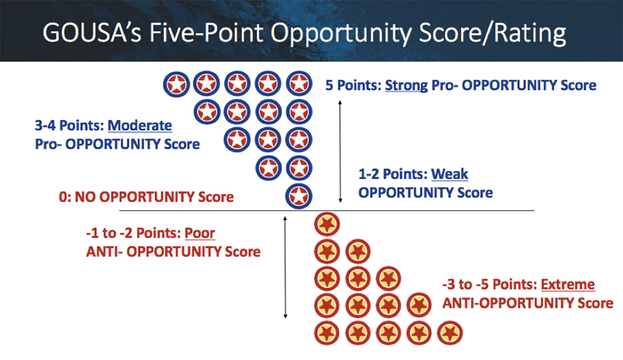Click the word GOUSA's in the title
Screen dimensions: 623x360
[92, 33]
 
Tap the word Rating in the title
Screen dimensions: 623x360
[530, 34]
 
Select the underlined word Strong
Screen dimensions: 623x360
[406, 85]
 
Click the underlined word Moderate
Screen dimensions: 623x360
[140, 126]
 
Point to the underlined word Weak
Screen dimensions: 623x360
[449, 174]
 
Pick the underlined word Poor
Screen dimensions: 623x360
[200, 233]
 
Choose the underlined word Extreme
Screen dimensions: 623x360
[568, 285]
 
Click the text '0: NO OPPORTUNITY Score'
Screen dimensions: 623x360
[147, 197]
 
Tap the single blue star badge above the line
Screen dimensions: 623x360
[299, 196]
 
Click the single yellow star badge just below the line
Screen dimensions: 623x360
[327, 224]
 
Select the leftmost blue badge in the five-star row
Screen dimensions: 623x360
[176, 84]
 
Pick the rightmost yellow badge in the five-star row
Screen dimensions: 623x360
[450, 333]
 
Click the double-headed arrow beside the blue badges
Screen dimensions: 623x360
[340, 151]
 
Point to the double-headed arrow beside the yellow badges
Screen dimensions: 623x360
[285, 267]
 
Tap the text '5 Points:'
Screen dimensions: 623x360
[353, 85]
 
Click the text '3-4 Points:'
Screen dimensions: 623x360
[70, 126]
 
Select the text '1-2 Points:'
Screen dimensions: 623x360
[393, 174]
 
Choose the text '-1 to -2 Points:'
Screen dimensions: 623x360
[134, 233]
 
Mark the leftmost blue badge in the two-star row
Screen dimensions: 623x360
[268, 168]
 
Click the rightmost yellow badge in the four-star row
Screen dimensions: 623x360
[419, 305]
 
